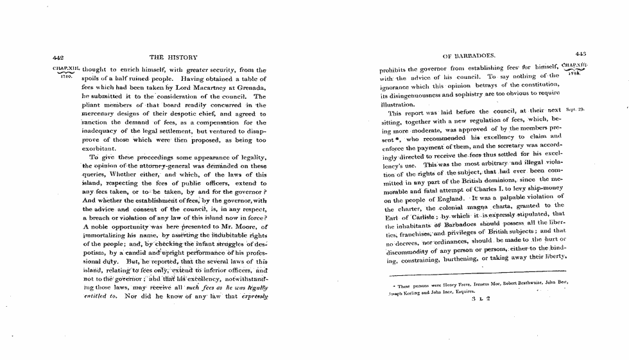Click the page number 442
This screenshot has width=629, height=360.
(58, 58)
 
